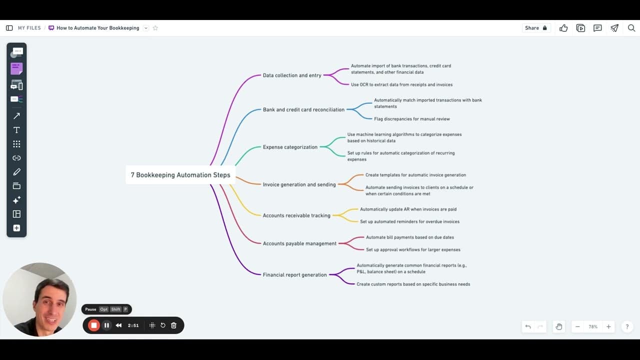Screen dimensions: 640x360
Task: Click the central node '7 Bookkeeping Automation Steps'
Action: coord(180,175)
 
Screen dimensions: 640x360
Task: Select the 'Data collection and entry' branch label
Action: coord(292,75)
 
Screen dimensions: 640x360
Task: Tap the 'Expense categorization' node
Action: coord(290,147)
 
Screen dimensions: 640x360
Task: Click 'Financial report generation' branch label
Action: coord(294,275)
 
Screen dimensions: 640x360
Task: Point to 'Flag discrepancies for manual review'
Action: coord(411,119)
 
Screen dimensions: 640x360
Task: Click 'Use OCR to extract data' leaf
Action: coord(401,84)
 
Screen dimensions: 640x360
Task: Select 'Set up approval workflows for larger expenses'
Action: coord(413,249)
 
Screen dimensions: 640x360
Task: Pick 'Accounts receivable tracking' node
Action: coord(296,215)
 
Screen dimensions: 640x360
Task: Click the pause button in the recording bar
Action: coord(106,325)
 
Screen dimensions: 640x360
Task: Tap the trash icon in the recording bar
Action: coord(173,325)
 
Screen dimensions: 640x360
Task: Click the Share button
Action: coord(535,28)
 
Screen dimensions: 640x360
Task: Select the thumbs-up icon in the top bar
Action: coord(563,28)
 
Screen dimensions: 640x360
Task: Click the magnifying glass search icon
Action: coord(631,28)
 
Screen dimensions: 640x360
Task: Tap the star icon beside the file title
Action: coord(155,28)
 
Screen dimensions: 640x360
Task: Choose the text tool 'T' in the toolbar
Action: coord(16,130)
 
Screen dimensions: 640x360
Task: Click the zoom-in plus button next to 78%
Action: coord(608,326)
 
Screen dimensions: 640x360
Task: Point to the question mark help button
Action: coord(627,326)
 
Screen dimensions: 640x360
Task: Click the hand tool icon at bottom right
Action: coord(559,326)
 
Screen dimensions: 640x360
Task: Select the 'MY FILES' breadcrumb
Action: coord(29,28)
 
